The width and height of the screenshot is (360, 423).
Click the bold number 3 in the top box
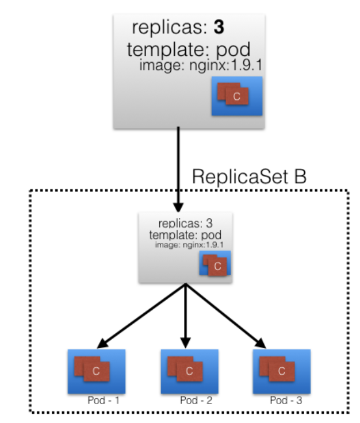coord(219,28)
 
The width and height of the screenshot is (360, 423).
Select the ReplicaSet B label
coord(250,176)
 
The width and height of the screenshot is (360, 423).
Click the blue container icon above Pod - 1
coord(96,371)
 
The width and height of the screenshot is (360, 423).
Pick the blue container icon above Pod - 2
coord(189,371)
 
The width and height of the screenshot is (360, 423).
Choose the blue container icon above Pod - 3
coord(282,371)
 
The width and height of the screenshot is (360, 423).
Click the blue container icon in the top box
coord(236,96)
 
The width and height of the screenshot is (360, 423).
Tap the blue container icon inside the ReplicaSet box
coord(215,266)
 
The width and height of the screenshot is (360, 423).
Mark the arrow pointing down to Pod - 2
coord(185,316)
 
